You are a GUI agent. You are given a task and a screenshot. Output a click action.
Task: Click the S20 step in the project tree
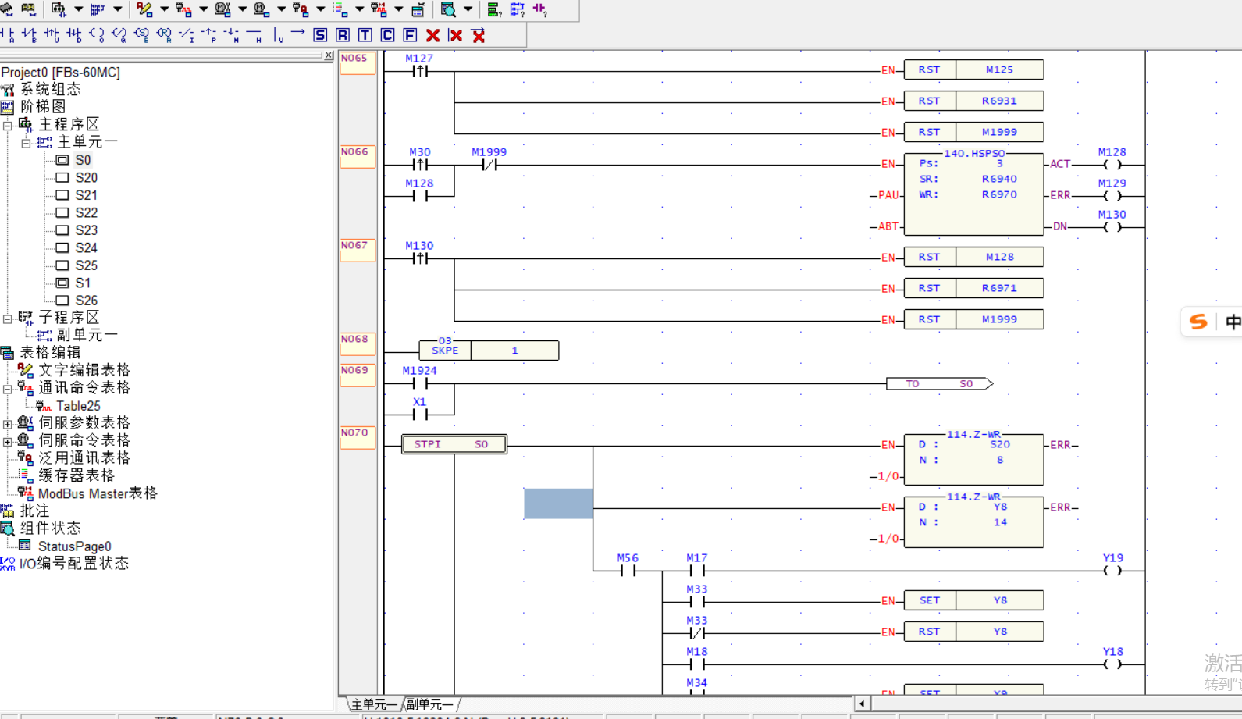(86, 178)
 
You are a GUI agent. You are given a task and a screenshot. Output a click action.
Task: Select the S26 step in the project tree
(86, 301)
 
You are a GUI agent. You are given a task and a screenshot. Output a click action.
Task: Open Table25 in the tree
(77, 406)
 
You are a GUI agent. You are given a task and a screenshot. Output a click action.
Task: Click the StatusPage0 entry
(74, 546)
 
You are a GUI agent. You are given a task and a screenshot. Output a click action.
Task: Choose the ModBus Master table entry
(97, 493)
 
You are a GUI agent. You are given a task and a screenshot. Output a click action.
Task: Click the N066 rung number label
(355, 152)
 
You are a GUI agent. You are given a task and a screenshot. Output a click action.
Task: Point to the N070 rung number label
(355, 433)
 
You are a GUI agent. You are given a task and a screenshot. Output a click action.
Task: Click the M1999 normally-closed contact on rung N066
(489, 165)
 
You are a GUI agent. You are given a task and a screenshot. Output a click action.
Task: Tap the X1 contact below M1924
(420, 415)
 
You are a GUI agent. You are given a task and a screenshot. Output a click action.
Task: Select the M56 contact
(628, 571)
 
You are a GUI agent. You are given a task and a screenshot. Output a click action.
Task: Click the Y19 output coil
(1112, 571)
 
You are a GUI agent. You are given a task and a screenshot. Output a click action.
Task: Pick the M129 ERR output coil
(1112, 195)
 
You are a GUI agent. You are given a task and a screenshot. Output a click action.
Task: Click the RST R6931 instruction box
(973, 101)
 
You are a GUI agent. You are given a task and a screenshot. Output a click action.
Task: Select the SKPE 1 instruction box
(489, 351)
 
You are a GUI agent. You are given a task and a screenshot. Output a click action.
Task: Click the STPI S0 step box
(454, 444)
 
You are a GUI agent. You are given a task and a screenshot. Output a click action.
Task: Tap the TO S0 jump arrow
(939, 384)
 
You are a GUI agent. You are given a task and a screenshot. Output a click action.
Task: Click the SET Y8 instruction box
(973, 600)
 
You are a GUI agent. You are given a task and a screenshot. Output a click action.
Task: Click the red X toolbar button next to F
(432, 35)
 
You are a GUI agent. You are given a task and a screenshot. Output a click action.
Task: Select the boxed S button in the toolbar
(320, 35)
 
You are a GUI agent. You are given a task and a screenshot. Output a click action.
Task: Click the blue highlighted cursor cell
(558, 504)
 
